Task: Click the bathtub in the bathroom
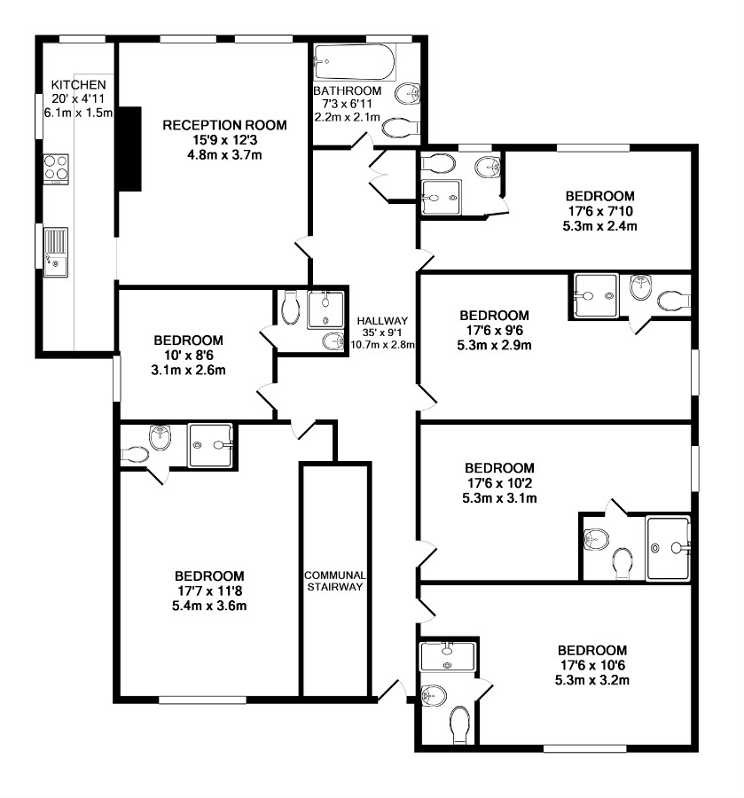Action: (355, 62)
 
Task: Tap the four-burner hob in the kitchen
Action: (56, 168)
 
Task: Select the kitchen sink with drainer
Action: (56, 252)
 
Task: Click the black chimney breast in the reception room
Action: (129, 149)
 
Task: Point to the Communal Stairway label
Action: (335, 581)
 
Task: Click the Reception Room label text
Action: (224, 125)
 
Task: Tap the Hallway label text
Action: (382, 321)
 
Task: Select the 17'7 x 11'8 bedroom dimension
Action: (209, 591)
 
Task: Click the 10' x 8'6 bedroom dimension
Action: (188, 356)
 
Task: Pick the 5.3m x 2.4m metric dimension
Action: (600, 226)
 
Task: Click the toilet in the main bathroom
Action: (400, 128)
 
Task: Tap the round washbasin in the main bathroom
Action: (408, 94)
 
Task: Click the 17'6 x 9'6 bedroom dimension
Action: (495, 331)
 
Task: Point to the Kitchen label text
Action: (78, 85)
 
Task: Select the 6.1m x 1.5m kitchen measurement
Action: (78, 113)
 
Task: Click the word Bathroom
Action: (347, 90)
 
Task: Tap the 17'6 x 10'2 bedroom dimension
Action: (500, 483)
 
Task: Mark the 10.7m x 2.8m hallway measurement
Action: (383, 344)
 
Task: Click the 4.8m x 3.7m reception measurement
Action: (224, 154)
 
